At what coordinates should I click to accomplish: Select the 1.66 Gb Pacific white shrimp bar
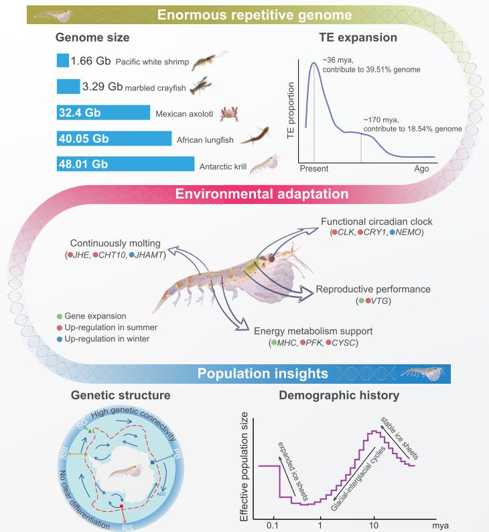click(x=62, y=60)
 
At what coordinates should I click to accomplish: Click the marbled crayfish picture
click(x=200, y=85)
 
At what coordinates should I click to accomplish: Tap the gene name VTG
click(x=380, y=301)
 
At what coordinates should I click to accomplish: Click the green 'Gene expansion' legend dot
click(x=60, y=315)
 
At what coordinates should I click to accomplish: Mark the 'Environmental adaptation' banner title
click(x=262, y=195)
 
